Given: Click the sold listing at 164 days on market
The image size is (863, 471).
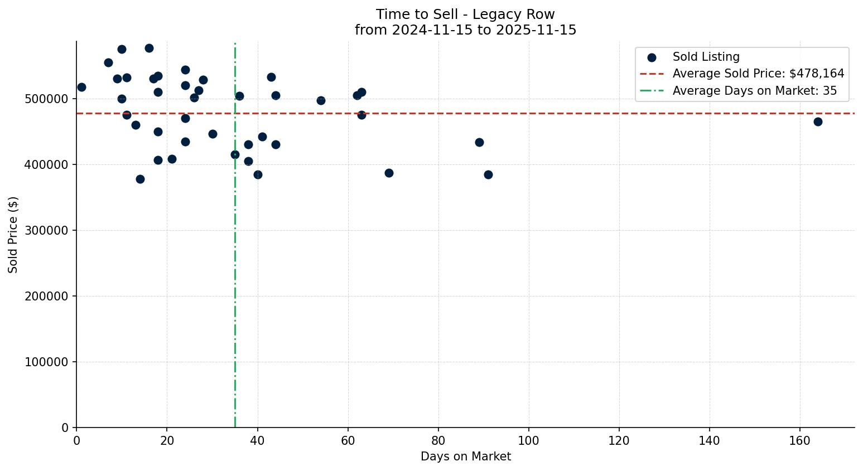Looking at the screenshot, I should point(818,122).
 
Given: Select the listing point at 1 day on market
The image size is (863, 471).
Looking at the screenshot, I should point(81,87).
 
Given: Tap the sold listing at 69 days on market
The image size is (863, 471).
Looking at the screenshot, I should point(389,173).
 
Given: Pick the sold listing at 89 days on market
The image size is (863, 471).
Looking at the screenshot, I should point(479,142).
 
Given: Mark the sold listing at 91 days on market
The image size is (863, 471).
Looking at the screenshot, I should point(488,174).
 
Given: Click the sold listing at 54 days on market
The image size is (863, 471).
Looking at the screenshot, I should point(321,100).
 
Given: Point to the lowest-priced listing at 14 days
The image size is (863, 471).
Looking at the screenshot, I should point(140,179).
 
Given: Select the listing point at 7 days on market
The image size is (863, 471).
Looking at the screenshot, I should point(108,62).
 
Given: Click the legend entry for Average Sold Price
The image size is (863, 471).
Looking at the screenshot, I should point(758,74).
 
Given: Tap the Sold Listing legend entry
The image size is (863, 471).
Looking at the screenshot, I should point(706,57).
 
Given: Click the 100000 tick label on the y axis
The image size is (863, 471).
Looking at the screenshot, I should point(47,362).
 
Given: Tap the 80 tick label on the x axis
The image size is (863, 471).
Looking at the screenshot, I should point(438,441).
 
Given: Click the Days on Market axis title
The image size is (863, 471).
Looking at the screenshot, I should point(465,457).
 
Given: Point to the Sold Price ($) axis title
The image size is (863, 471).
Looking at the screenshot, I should point(13,235).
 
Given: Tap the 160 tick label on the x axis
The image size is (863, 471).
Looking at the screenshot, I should point(800,441).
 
